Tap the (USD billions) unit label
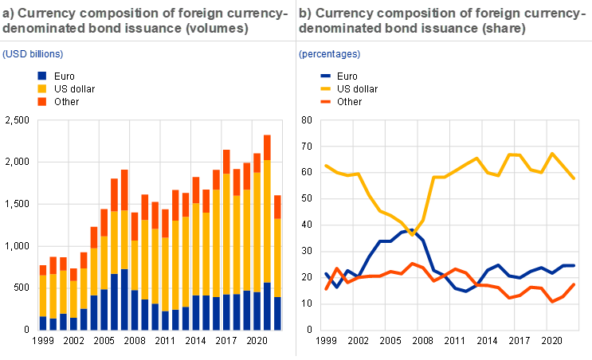(x=33, y=54)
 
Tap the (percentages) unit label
(x=329, y=54)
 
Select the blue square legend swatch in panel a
(x=41, y=76)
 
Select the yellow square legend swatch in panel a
(x=41, y=88)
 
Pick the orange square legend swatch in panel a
(x=41, y=101)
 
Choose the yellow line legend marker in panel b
(x=325, y=89)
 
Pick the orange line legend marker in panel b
(x=325, y=102)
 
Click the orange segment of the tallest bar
(x=268, y=147)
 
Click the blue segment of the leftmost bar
(x=43, y=323)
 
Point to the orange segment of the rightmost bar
(x=278, y=206)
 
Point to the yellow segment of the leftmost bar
(x=43, y=295)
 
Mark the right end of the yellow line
(x=574, y=178)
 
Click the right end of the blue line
(x=574, y=265)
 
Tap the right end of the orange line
(x=574, y=284)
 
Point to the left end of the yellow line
(x=325, y=166)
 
